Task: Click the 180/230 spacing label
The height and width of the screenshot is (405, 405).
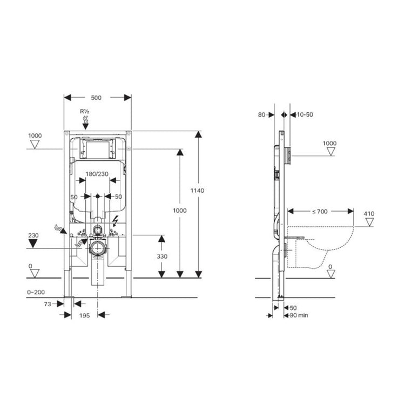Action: click(x=97, y=174)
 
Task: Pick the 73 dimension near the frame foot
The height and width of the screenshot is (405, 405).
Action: click(x=47, y=304)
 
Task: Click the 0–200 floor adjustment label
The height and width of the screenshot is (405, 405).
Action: click(x=36, y=291)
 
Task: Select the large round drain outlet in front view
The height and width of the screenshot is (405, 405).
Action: click(x=97, y=249)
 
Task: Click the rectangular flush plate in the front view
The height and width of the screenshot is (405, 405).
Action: click(x=98, y=148)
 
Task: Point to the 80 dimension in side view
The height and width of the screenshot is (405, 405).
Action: click(x=262, y=114)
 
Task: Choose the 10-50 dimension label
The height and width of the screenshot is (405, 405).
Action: click(x=306, y=114)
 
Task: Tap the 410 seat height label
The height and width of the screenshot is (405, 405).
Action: click(x=369, y=214)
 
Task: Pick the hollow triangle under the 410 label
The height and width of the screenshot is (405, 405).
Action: click(x=369, y=222)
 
